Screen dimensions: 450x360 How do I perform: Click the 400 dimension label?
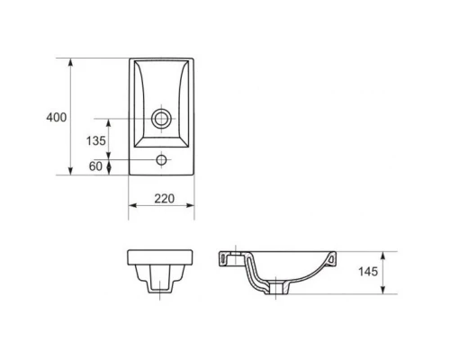click(57, 117)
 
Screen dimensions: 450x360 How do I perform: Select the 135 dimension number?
click(96, 140)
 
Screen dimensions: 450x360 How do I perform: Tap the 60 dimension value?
click(95, 166)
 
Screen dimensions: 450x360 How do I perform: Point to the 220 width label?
click(165, 199)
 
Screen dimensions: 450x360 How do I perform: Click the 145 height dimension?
click(368, 272)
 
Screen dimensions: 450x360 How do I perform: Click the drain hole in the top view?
click(161, 119)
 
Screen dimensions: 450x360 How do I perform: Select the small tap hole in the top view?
click(161, 160)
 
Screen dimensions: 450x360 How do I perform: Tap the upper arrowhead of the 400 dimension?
click(70, 62)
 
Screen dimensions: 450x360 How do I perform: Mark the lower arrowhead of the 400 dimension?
click(70, 171)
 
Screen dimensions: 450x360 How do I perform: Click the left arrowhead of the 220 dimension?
click(132, 205)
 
